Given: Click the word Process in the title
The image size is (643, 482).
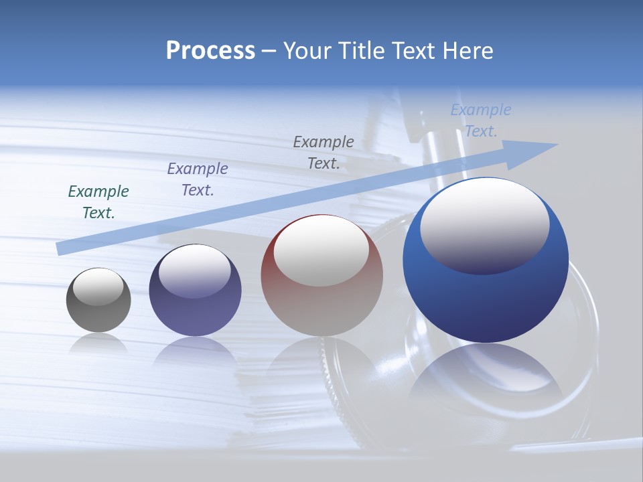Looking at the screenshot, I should (x=210, y=51).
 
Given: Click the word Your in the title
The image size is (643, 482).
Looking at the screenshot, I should (x=307, y=51).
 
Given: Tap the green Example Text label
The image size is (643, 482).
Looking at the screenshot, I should (x=98, y=202).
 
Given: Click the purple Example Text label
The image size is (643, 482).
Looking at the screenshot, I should (x=198, y=179).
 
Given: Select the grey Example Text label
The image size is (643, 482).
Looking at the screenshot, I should (x=324, y=153).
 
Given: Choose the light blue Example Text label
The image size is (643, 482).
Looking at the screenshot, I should (x=481, y=120).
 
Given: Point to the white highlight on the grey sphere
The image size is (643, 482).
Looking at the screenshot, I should (x=98, y=287).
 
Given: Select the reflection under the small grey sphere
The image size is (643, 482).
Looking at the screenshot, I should (x=98, y=343).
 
